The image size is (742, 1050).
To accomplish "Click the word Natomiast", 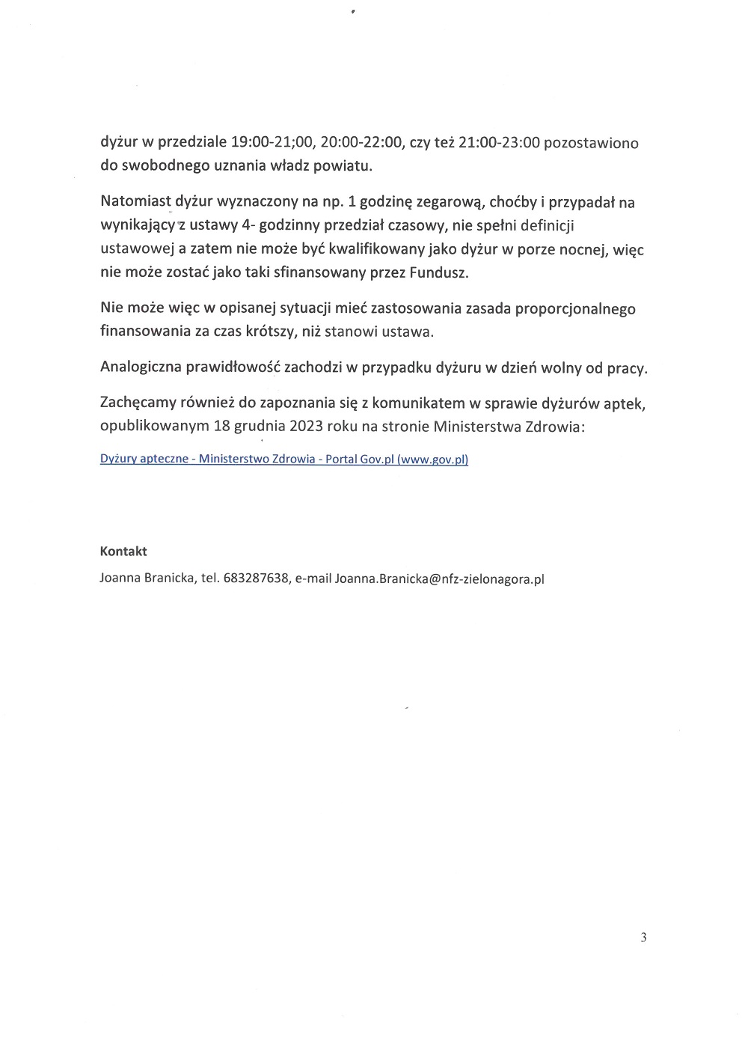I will pos(135,202).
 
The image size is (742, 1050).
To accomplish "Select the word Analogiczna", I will pos(140,368).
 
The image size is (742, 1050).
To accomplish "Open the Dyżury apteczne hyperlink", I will pos(283,460).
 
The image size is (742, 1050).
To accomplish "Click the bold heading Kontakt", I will pos(123,552).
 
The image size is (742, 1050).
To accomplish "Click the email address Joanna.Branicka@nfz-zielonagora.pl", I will pos(440,579).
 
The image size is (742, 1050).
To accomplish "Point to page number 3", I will pos(643,938).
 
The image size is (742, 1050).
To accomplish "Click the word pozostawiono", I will pos(591,142).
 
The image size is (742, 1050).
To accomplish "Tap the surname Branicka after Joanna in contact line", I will pos(168,579).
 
